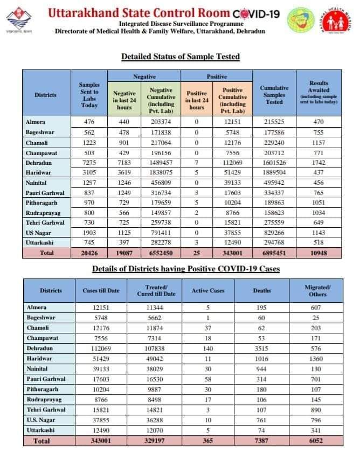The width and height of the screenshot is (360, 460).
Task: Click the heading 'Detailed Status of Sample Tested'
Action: coord(181,57)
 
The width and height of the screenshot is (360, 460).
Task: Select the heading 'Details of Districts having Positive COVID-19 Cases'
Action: coord(186,268)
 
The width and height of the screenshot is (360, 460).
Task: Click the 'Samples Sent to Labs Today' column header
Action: coord(89,95)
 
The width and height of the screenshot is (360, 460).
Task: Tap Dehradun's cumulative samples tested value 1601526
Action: coord(274,162)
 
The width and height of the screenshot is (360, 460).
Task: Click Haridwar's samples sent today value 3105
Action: coord(89,172)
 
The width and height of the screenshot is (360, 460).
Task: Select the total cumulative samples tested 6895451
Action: coord(274,253)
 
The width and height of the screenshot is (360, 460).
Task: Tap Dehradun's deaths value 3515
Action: coord(262,349)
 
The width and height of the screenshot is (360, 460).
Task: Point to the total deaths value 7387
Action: coord(262,441)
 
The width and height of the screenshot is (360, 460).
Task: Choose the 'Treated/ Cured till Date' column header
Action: coord(153,291)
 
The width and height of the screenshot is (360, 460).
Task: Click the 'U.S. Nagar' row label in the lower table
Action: coord(41,420)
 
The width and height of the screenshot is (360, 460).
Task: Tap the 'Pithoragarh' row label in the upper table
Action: coord(45,202)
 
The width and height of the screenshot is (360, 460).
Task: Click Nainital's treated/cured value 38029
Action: coord(153,369)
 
